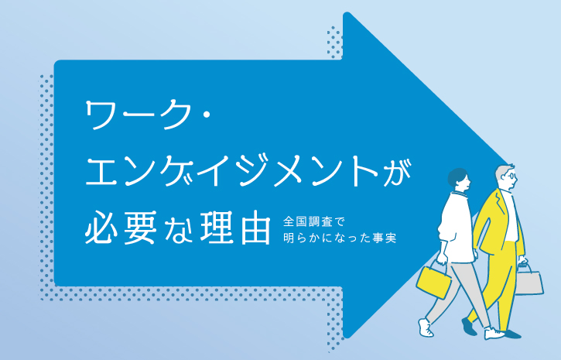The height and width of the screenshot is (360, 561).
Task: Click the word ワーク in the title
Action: [x=138, y=115]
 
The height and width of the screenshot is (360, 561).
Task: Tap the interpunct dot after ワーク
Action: [x=207, y=115]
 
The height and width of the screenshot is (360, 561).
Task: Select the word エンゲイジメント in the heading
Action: [x=232, y=173]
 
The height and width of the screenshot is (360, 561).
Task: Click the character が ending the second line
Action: [x=397, y=173]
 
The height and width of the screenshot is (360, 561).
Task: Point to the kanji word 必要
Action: [x=121, y=228]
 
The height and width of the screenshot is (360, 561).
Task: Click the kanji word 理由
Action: [x=234, y=228]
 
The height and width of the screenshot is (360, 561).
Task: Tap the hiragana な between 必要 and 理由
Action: [x=178, y=229]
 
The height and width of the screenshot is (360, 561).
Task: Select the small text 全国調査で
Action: [x=313, y=221]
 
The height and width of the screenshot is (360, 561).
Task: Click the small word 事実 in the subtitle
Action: [x=385, y=238]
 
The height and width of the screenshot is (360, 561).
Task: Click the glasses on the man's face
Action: [x=512, y=176]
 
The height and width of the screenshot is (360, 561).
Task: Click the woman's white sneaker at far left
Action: [x=426, y=327]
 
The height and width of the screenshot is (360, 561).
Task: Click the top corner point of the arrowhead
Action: [x=347, y=13]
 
